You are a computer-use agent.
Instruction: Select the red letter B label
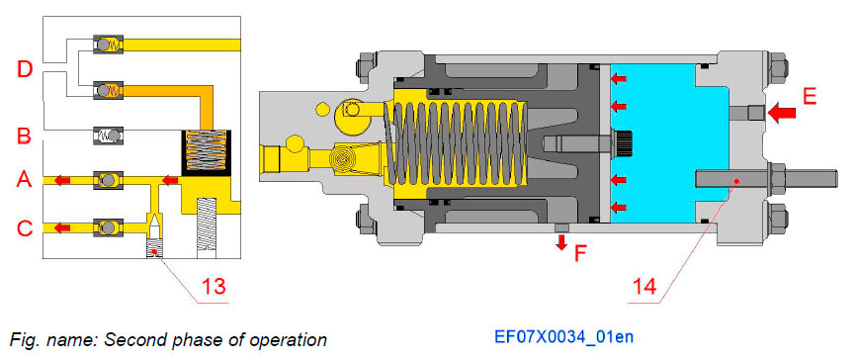pos(25,135)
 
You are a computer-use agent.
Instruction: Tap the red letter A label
pos(25,180)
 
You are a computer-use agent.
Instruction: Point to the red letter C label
pos(25,228)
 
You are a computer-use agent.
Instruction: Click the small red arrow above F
pos(561,242)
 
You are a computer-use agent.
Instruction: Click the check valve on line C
pos(106,226)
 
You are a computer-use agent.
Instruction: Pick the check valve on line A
pos(106,180)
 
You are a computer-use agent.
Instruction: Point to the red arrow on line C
pos(60,227)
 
